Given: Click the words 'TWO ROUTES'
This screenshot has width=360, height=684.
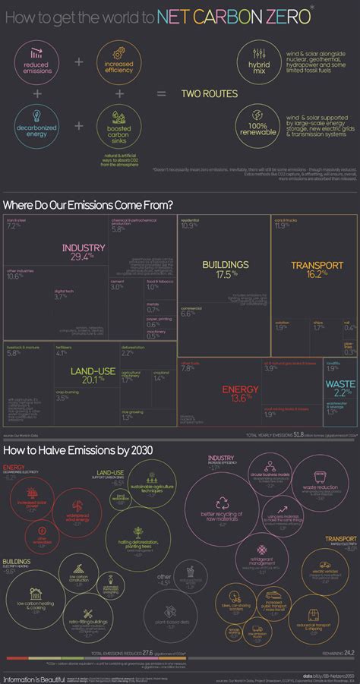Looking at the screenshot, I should coord(209,93).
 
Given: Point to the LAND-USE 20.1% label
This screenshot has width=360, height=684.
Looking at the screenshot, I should coord(93,375).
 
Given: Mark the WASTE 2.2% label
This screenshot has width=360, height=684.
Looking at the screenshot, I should coord(339,387).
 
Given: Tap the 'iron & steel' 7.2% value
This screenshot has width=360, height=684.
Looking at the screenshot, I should coord(13,226).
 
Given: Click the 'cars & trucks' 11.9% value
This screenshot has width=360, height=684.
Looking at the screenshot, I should coord(282,225).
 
